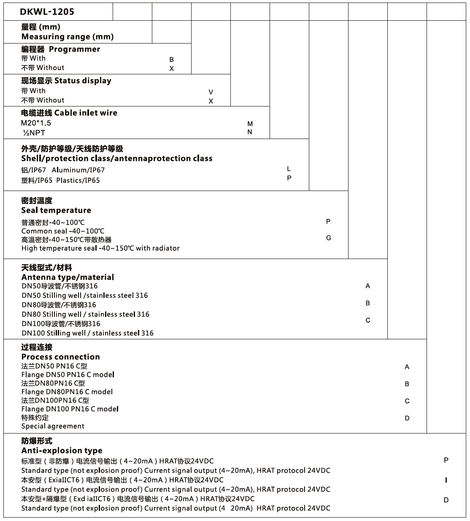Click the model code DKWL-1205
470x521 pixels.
(47, 12)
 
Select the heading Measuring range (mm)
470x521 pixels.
(68, 37)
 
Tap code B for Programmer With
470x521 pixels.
(172, 60)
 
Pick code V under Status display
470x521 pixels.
(211, 92)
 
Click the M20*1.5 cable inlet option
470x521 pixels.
(36, 123)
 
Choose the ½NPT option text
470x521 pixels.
(34, 133)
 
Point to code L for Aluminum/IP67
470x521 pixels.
(289, 169)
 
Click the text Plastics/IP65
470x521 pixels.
(78, 180)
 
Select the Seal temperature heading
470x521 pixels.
(56, 210)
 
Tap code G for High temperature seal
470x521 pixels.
(329, 238)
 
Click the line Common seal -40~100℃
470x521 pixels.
(63, 231)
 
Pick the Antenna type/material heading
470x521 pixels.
(68, 277)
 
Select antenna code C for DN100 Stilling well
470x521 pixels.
(368, 320)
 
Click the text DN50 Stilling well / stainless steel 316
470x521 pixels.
(84, 295)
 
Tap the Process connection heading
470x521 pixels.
(60, 357)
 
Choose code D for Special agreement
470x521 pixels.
(407, 418)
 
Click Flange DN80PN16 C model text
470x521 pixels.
(67, 392)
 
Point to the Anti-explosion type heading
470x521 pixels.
(62, 450)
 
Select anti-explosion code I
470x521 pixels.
(446, 480)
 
